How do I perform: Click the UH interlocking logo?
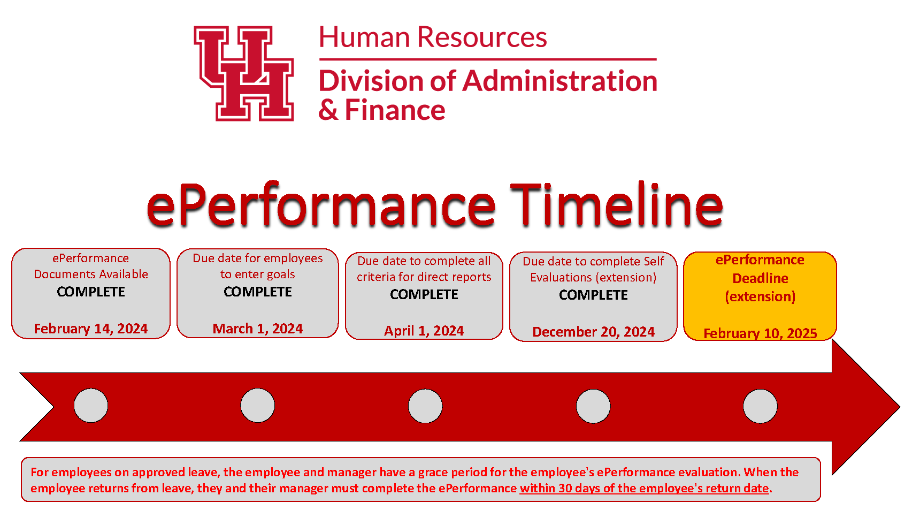[x=244, y=73]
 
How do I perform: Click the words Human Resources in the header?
[x=433, y=37]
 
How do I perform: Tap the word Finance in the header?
[x=395, y=110]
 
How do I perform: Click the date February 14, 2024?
[x=91, y=329]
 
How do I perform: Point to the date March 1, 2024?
[x=258, y=329]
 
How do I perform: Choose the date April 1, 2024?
[x=424, y=331]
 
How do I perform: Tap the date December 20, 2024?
[x=594, y=332]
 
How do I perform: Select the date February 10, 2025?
[x=760, y=333]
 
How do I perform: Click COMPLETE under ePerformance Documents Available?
[x=91, y=292]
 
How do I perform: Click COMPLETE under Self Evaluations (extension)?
[x=594, y=295]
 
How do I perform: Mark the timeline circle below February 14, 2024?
[x=91, y=406]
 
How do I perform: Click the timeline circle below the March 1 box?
[x=258, y=406]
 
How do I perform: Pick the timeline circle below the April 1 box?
[x=425, y=406]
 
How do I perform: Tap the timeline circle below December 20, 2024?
[x=593, y=406]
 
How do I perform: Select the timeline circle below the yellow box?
[x=760, y=406]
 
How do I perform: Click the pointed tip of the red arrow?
[x=900, y=407]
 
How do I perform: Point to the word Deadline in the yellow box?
[x=760, y=278]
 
